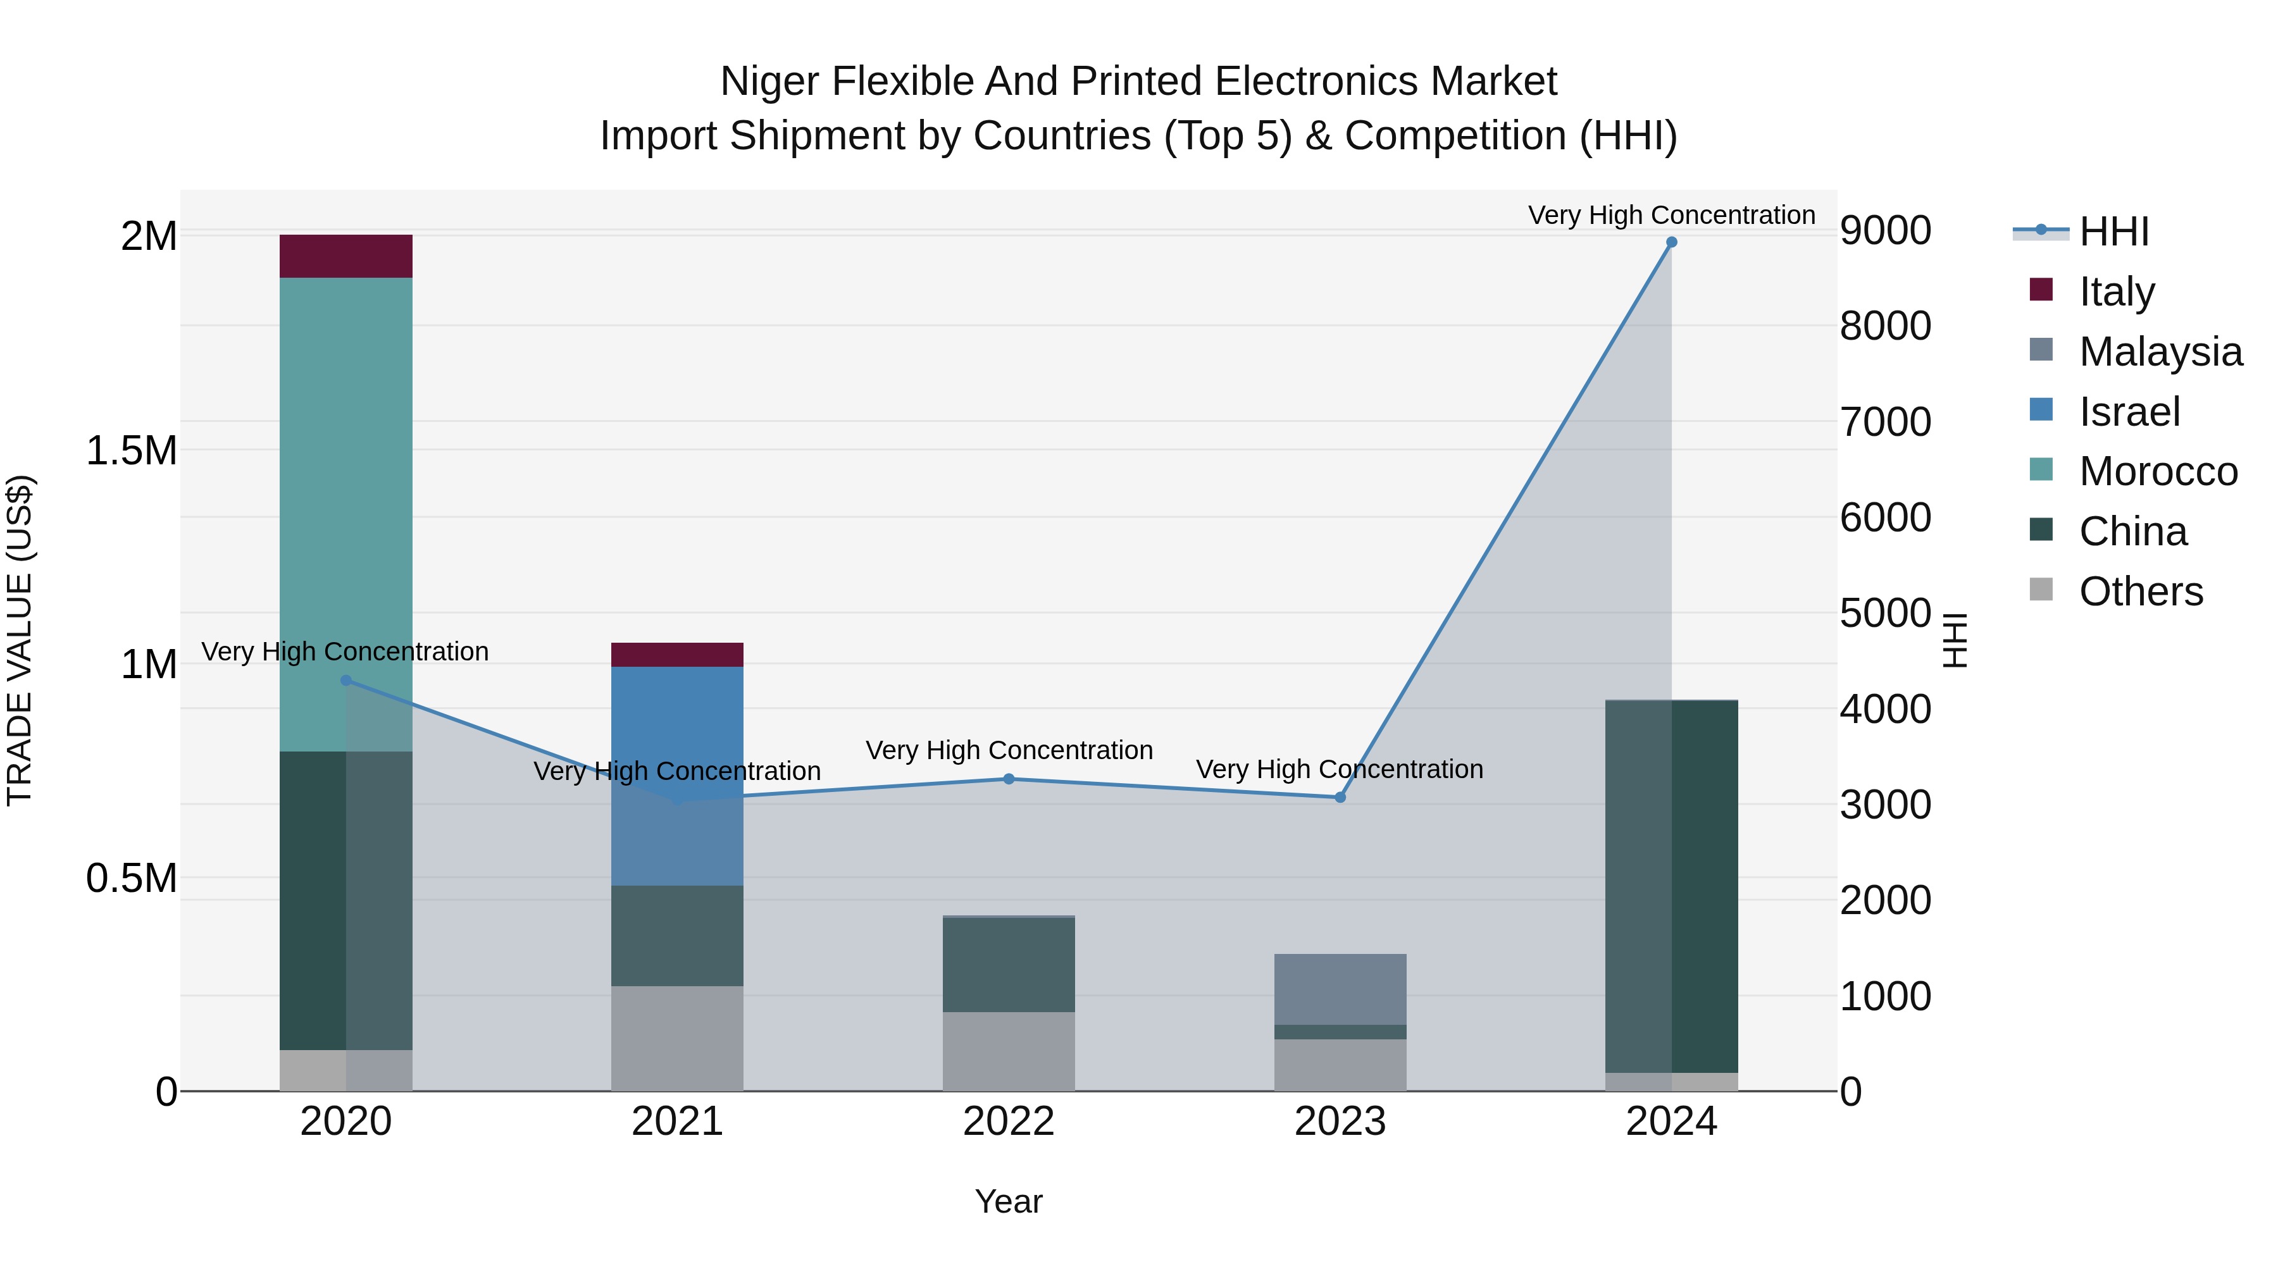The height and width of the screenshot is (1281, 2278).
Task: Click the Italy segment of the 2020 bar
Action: (x=345, y=256)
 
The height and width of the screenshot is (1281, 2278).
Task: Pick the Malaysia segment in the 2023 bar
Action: (x=1340, y=988)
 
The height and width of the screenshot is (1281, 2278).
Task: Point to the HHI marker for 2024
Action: (x=1671, y=242)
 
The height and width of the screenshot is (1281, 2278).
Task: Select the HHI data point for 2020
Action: (x=345, y=680)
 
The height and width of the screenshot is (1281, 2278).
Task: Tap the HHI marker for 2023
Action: (x=1340, y=798)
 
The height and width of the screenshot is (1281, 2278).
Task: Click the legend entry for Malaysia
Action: (x=2160, y=352)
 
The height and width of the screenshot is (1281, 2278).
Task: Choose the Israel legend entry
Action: (x=2129, y=412)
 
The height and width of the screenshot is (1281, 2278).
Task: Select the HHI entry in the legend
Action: (x=2113, y=232)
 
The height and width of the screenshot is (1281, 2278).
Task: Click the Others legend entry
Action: (x=2140, y=591)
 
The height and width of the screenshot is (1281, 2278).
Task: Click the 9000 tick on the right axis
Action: (x=1886, y=231)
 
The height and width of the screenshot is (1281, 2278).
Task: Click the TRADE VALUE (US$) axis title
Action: (x=20, y=640)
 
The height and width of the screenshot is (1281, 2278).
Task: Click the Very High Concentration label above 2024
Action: (x=1671, y=215)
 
